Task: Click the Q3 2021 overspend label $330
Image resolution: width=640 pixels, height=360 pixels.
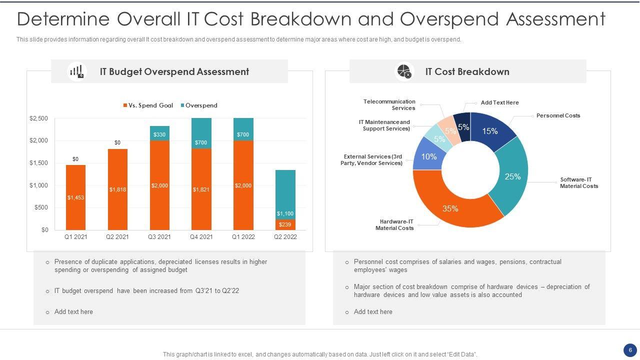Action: (159, 134)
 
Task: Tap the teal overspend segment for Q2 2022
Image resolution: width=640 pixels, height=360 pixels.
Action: (285, 192)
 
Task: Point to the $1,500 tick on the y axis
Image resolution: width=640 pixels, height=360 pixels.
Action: (38, 163)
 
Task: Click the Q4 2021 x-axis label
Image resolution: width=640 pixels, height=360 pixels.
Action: (201, 237)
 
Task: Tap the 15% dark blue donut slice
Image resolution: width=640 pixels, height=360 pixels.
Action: (489, 131)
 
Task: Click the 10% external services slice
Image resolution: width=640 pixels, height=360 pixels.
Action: (428, 156)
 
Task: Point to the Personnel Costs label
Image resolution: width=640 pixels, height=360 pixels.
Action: (558, 115)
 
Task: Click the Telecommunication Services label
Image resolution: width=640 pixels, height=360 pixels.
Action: (389, 104)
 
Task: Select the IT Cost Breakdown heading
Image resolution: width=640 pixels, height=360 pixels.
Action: (467, 71)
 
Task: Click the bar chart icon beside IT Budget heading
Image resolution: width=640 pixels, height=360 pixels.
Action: (76, 71)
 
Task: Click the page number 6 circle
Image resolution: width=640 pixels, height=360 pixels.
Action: (629, 349)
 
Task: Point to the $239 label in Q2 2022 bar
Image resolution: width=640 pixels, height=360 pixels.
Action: (285, 225)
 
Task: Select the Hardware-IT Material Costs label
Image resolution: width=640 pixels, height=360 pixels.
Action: (394, 225)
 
